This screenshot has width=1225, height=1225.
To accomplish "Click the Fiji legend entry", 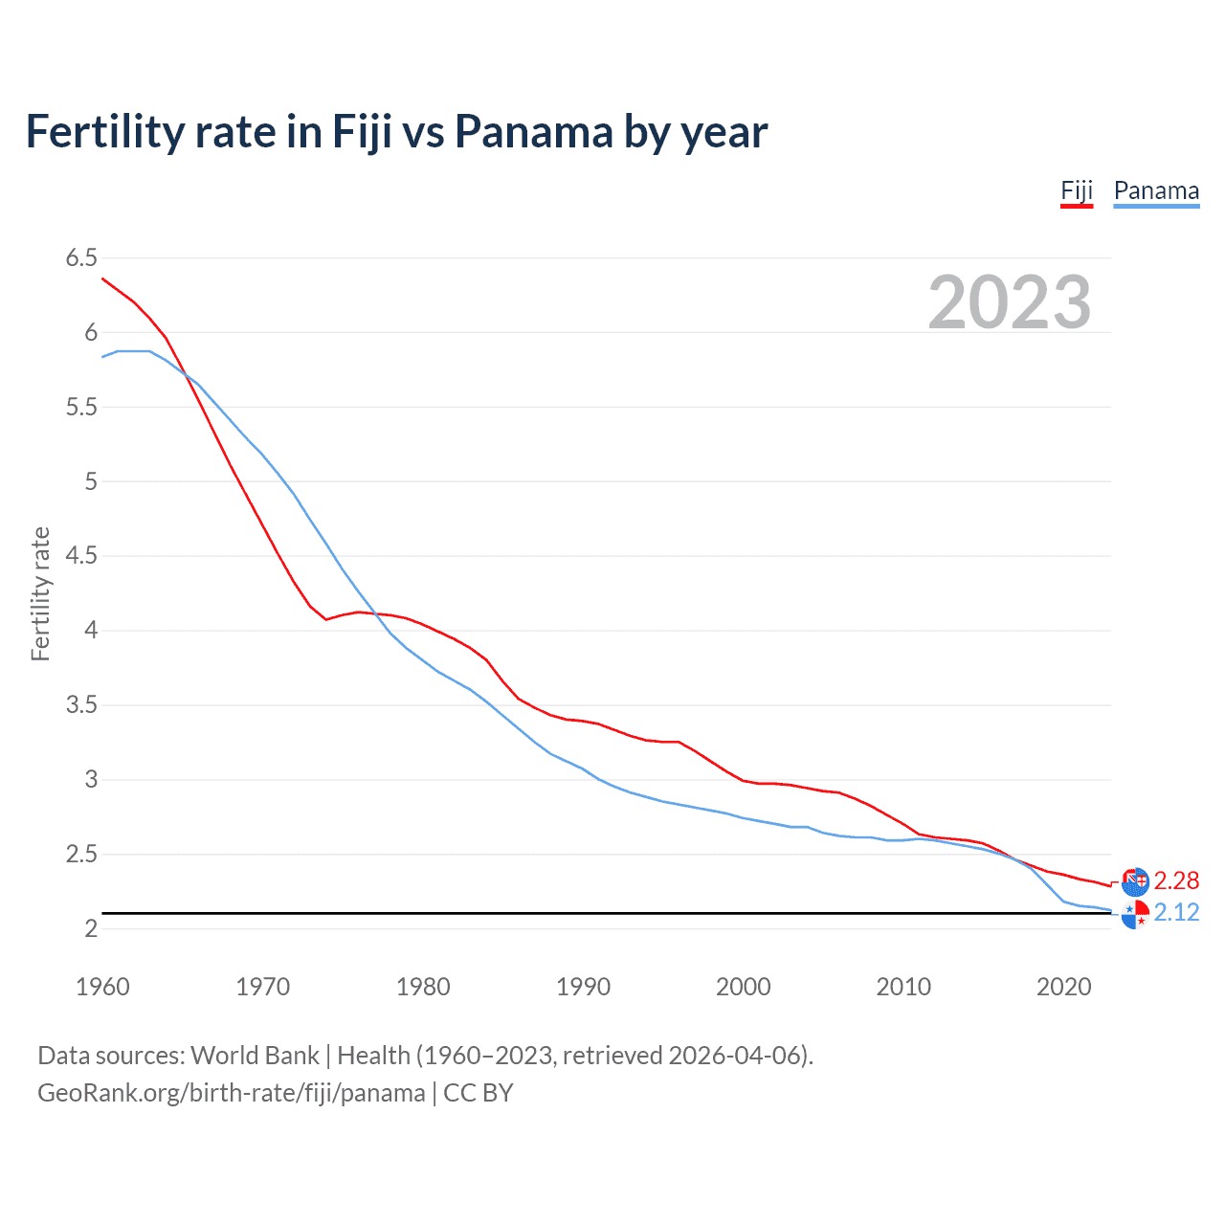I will click(x=1077, y=190).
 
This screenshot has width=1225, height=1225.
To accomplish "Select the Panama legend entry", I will click(x=1156, y=190).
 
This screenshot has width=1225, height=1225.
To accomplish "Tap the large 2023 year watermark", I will click(x=1009, y=302).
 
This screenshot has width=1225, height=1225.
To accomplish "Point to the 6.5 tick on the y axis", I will click(x=81, y=257).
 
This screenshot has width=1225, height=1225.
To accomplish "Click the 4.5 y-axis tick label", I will click(x=81, y=556).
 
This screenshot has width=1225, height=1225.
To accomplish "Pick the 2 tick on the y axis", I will click(x=91, y=928).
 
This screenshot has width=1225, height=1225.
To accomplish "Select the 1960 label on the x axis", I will click(x=102, y=987).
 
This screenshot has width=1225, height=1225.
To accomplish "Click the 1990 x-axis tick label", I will click(x=583, y=987).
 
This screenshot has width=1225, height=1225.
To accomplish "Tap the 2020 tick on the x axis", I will click(x=1063, y=987).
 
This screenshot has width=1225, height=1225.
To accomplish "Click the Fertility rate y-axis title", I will click(x=40, y=593).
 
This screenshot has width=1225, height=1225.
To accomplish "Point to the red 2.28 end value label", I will click(x=1176, y=880).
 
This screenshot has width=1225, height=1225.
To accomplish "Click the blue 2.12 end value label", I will click(x=1176, y=912).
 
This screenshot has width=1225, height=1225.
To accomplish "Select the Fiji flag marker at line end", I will click(x=1135, y=881).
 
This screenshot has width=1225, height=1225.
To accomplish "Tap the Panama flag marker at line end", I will click(x=1135, y=915).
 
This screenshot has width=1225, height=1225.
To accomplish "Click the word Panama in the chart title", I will click(x=534, y=131).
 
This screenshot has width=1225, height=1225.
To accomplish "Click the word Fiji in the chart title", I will click(x=362, y=131).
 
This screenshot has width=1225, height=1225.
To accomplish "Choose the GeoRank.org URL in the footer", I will click(x=231, y=1093).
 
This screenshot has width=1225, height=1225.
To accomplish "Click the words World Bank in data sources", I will click(x=255, y=1056).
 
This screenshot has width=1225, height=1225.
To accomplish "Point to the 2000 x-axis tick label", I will click(x=743, y=987).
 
